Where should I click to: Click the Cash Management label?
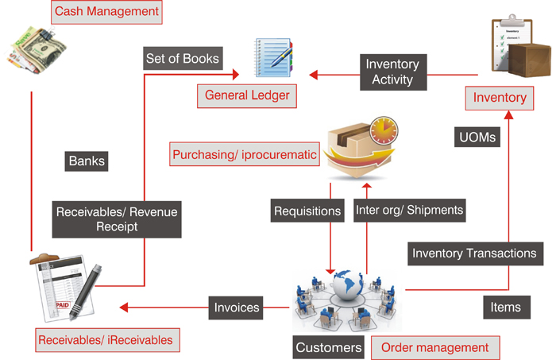click(x=106, y=12)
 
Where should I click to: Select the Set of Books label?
click(x=182, y=57)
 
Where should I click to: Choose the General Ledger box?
click(x=247, y=97)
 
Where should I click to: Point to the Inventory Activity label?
click(x=392, y=72)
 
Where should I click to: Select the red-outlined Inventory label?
click(x=500, y=98)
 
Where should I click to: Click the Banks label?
click(x=87, y=161)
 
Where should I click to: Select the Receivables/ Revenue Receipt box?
click(x=117, y=219)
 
